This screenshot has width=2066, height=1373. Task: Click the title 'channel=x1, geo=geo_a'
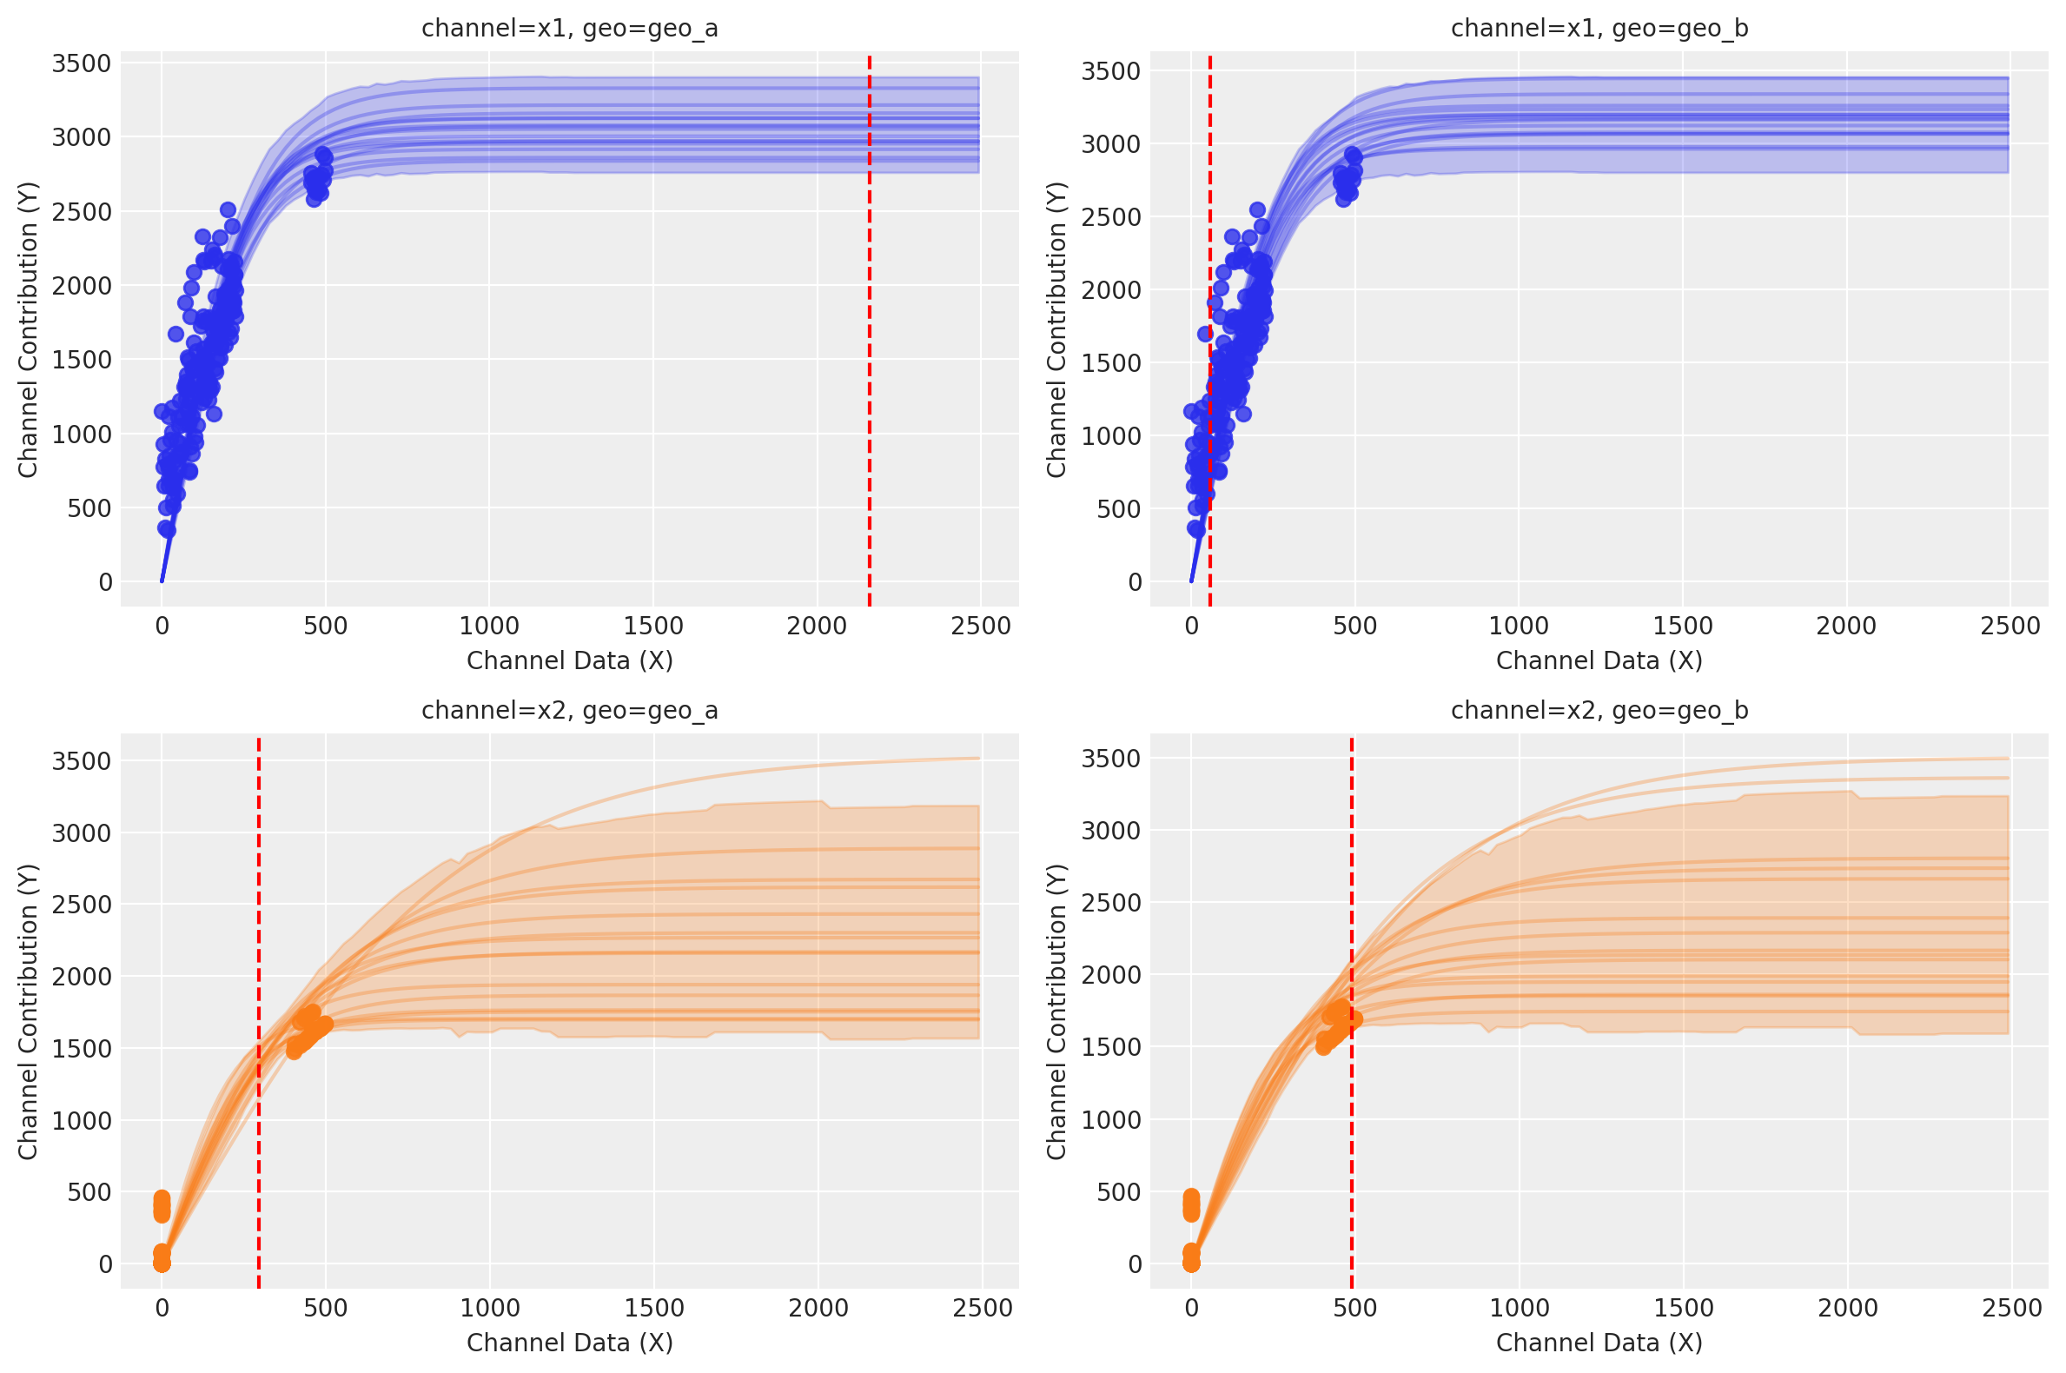[570, 29]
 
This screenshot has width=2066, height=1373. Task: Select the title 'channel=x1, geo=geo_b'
[1599, 29]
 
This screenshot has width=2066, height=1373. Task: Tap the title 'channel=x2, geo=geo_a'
[570, 710]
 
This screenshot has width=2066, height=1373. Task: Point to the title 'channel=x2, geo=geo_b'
[1599, 710]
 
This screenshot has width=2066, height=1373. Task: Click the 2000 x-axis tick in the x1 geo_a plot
[817, 627]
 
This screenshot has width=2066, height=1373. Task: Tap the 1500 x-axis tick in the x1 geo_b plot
[1683, 627]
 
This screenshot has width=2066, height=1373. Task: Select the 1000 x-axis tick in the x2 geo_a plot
[489, 1308]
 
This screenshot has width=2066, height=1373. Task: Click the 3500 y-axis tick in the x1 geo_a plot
[82, 64]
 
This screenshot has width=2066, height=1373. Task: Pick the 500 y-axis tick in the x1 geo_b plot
[1119, 509]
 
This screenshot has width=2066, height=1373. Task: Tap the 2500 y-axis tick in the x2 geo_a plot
[82, 905]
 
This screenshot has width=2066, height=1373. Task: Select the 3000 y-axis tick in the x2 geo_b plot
[1111, 831]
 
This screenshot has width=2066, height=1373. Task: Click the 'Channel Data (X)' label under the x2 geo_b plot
[1599, 1343]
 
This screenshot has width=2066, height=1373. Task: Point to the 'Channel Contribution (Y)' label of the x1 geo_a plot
[28, 329]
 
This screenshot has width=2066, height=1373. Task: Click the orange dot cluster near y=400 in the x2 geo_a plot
[161, 1206]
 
